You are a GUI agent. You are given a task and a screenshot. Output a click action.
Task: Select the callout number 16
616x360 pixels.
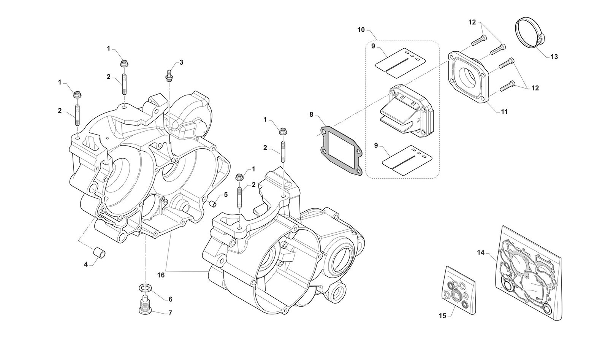click(161, 274)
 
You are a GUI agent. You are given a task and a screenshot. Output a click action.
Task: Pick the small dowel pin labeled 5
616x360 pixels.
click(213, 203)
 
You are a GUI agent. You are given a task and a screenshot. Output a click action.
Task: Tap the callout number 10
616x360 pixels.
click(361, 29)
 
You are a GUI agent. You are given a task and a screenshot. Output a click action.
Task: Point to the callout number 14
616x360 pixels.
click(481, 252)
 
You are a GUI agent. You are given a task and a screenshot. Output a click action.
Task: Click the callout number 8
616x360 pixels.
click(312, 114)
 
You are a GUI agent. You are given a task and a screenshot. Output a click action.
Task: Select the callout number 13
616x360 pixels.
click(554, 57)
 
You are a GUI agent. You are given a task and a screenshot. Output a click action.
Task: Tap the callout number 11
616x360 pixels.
click(504, 112)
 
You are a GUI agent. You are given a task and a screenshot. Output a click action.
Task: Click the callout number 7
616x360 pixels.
click(170, 313)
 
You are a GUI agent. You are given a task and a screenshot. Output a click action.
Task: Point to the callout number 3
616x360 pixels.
click(181, 62)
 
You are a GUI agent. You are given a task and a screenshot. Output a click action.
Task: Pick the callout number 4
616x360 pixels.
click(86, 263)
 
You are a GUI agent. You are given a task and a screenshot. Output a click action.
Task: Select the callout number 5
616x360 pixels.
click(226, 195)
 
